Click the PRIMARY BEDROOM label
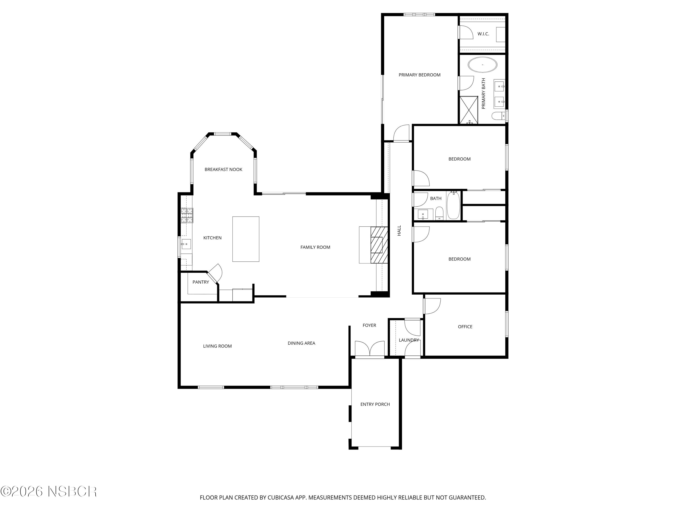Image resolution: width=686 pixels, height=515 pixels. pyautogui.click(x=419, y=75)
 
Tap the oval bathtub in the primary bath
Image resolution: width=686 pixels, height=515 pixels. pyautogui.click(x=482, y=65)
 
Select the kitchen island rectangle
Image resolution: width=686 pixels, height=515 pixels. pyautogui.click(x=246, y=239)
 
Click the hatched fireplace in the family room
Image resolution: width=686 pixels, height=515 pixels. pyautogui.click(x=379, y=245)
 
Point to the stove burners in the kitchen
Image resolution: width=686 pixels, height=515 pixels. pyautogui.click(x=187, y=215)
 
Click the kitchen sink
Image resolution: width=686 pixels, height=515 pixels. pyautogui.click(x=186, y=244)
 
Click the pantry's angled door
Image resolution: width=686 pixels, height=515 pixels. pyautogui.click(x=215, y=273)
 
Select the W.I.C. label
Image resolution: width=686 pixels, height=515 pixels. pyautogui.click(x=483, y=34)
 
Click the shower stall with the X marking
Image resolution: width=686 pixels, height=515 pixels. pyautogui.click(x=469, y=110)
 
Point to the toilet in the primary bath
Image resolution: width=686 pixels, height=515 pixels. pyautogui.click(x=497, y=116)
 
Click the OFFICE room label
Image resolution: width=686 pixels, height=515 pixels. pyautogui.click(x=465, y=327)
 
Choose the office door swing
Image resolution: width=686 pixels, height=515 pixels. pyautogui.click(x=432, y=306)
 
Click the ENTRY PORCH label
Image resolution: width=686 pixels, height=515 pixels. pyautogui.click(x=375, y=404)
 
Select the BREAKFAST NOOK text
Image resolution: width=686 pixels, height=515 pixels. pyautogui.click(x=223, y=170)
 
